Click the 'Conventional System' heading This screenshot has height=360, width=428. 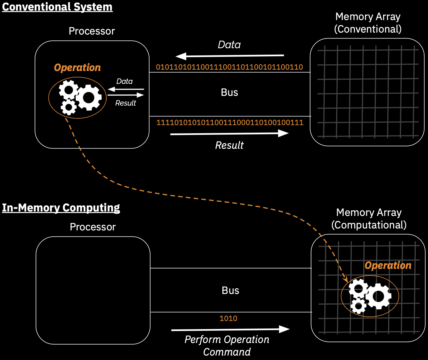[x=57, y=7]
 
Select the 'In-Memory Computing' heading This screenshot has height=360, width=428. [x=61, y=208]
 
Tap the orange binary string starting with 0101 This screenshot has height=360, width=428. [x=229, y=67]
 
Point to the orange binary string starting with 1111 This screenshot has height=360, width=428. [x=230, y=123]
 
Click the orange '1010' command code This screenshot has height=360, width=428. [x=228, y=318]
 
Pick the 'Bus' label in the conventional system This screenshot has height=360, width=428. [x=229, y=93]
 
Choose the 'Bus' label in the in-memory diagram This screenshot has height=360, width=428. [x=230, y=291]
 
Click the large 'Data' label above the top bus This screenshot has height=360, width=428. [x=229, y=45]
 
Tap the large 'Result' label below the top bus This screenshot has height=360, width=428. [x=229, y=145]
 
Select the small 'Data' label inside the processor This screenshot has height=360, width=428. [x=124, y=81]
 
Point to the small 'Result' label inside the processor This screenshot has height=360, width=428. [x=125, y=103]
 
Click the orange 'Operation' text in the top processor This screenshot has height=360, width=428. [x=77, y=68]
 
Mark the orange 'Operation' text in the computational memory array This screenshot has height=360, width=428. [x=388, y=266]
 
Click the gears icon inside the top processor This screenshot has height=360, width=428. [x=80, y=97]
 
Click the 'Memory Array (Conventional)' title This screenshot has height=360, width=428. [x=368, y=23]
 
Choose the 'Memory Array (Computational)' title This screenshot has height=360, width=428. [x=369, y=219]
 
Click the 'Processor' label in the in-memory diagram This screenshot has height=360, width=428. [x=93, y=227]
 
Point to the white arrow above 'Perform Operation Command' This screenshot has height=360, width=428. [x=230, y=329]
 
